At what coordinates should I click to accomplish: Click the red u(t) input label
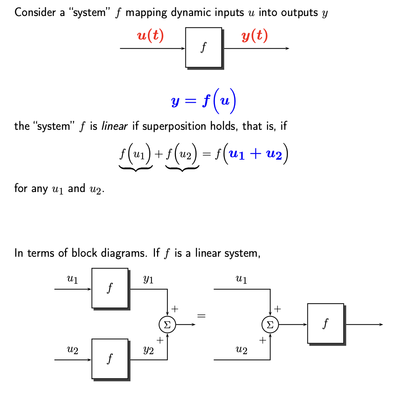pyautogui.click(x=150, y=36)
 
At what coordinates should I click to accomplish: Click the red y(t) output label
pyautogui.click(x=254, y=36)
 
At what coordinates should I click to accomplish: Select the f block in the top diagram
pyautogui.click(x=204, y=47)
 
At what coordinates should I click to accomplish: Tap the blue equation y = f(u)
pyautogui.click(x=204, y=101)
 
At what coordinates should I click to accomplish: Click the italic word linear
pyautogui.click(x=114, y=126)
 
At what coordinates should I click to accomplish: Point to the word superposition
pyautogui.click(x=172, y=127)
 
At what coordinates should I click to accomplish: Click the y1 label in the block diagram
pyautogui.click(x=148, y=279)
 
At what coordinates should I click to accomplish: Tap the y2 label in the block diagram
pyautogui.click(x=148, y=350)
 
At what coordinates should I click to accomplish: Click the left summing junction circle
pyautogui.click(x=167, y=324)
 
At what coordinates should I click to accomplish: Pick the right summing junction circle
pyautogui.click(x=270, y=324)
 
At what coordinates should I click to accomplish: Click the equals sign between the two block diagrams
pyautogui.click(x=201, y=315)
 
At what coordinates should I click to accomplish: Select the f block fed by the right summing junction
pyautogui.click(x=326, y=323)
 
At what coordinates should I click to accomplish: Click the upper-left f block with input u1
pyautogui.click(x=110, y=288)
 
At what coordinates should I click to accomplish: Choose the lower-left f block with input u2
pyautogui.click(x=110, y=358)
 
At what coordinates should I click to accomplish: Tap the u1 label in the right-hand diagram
pyautogui.click(x=241, y=279)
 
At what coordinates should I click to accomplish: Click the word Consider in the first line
pyautogui.click(x=35, y=13)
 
